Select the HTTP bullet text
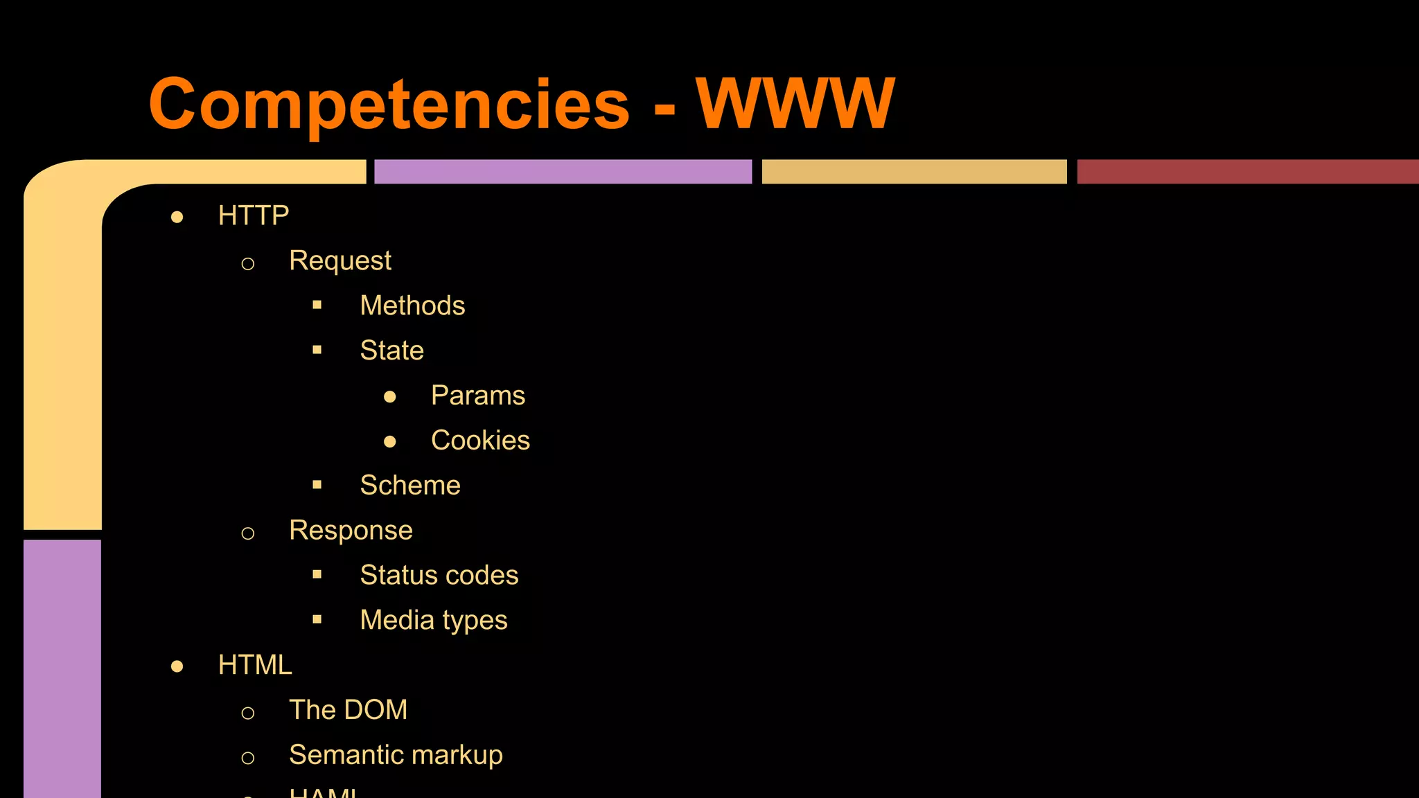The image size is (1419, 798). [254, 215]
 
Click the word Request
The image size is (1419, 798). [340, 260]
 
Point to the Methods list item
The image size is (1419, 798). [412, 305]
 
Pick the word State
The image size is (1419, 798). [391, 351]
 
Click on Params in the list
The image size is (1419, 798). [478, 396]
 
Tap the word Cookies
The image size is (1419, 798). [480, 441]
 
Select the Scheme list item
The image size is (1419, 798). [410, 486]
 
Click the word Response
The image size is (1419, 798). [351, 531]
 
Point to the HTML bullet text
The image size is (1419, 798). [255, 665]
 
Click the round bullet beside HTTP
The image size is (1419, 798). [177, 218]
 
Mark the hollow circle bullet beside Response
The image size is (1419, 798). [248, 533]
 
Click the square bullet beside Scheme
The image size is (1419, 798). [317, 485]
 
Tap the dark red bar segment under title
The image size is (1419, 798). [1247, 172]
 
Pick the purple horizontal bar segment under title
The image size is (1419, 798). [563, 172]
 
